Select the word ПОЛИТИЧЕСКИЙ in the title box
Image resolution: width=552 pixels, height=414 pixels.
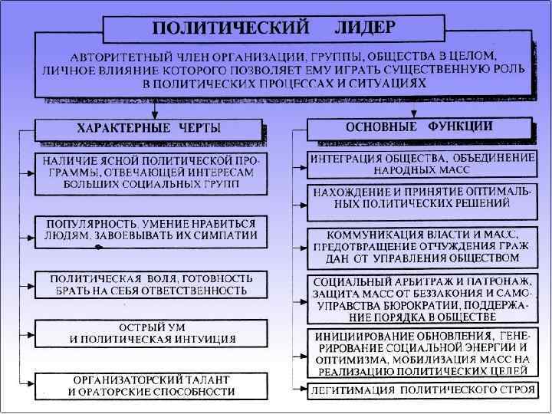point(231,28)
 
